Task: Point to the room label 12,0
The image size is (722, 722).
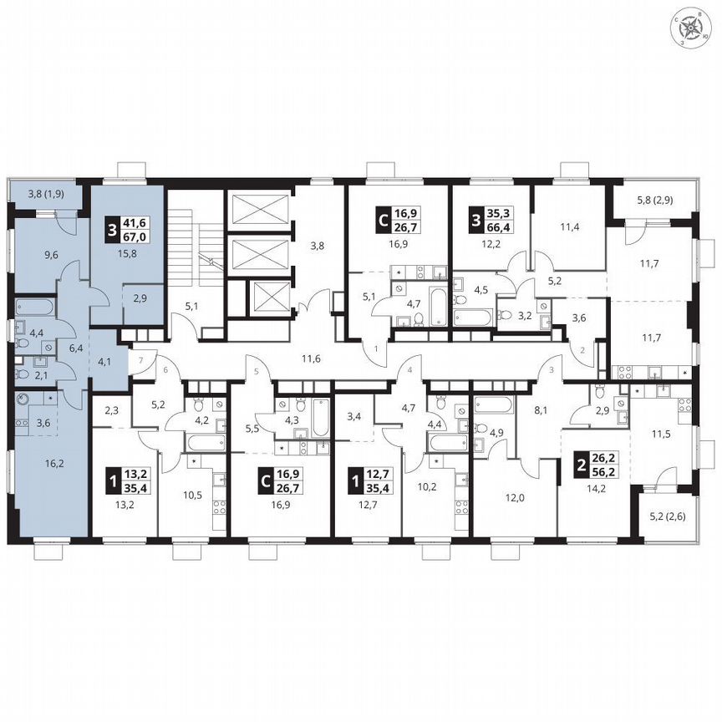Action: pyautogui.click(x=515, y=494)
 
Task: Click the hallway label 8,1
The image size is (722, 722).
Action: pyautogui.click(x=539, y=410)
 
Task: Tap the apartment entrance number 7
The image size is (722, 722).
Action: pyautogui.click(x=141, y=358)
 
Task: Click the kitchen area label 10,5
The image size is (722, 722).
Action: pyautogui.click(x=193, y=494)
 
